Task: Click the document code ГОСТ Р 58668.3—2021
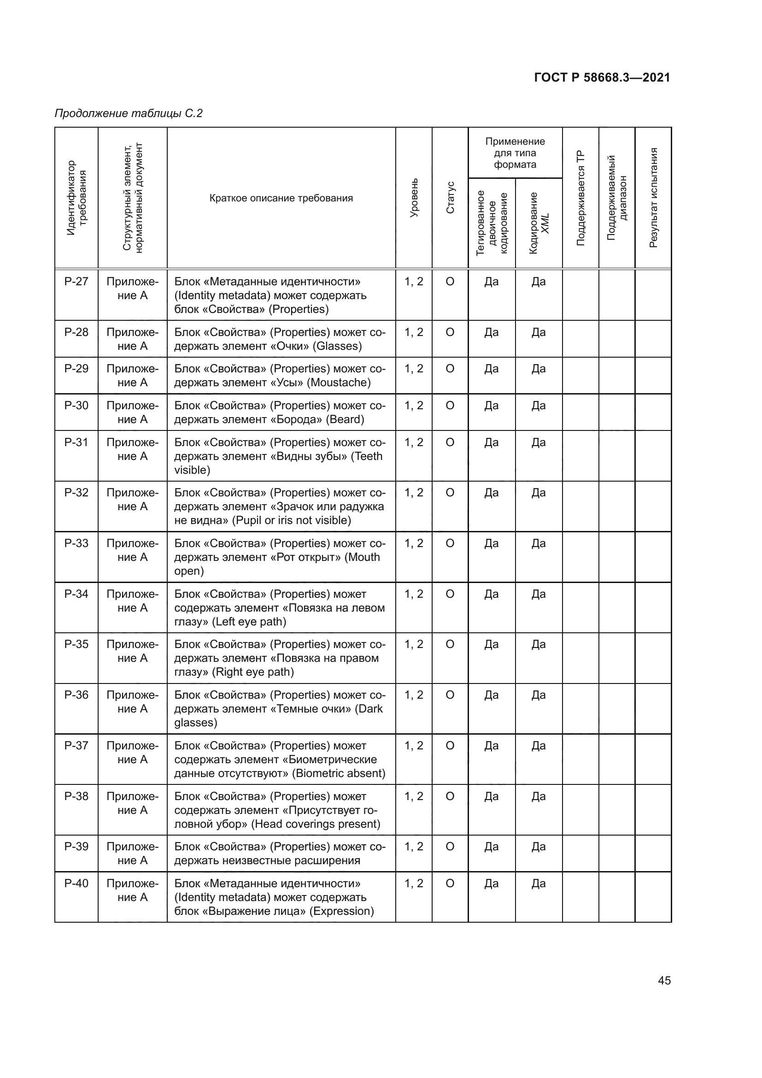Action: pos(602,77)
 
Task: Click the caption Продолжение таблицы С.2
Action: pos(129,113)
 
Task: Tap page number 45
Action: pos(664,980)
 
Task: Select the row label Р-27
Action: pos(76,282)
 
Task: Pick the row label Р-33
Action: pos(76,543)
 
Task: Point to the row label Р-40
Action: pos(76,883)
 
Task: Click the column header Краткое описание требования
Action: pos(281,198)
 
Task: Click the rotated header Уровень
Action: pos(413,198)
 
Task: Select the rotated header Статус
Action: pos(450,198)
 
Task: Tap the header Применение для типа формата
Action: pos(515,153)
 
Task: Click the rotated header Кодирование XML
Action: pos(539,223)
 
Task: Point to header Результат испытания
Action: pos(653,198)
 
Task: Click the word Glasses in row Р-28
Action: pos(337,346)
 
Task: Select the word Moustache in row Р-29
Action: pos(339,383)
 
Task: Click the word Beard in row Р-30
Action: pos(345,419)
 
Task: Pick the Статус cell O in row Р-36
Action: pos(450,695)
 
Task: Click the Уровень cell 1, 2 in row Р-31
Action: pos(413,442)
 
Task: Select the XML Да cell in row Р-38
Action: pos(538,796)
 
